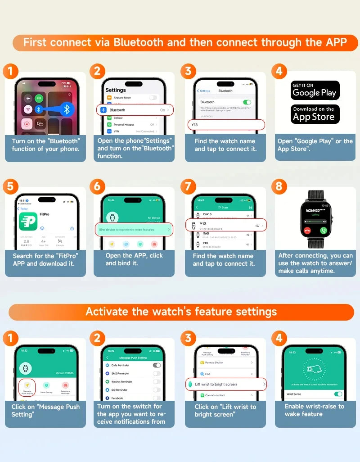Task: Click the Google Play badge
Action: pyautogui.click(x=315, y=90)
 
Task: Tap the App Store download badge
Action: pyautogui.click(x=315, y=114)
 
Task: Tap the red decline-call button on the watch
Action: pyautogui.click(x=308, y=230)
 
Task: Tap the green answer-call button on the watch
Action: pyautogui.click(x=323, y=230)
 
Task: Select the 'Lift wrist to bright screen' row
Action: pyautogui.click(x=226, y=384)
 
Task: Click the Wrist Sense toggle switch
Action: pyautogui.click(x=338, y=394)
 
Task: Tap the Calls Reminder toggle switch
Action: pyautogui.click(x=157, y=365)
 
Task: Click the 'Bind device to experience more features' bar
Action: pyautogui.click(x=135, y=230)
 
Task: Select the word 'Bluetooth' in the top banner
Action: pyautogui.click(x=138, y=42)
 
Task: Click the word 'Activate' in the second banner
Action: pyautogui.click(x=105, y=311)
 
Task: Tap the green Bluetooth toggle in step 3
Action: pyautogui.click(x=247, y=102)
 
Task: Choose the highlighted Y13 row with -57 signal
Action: pyautogui.click(x=226, y=225)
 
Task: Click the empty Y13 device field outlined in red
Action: pyautogui.click(x=226, y=125)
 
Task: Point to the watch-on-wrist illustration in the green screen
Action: pyautogui.click(x=315, y=368)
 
